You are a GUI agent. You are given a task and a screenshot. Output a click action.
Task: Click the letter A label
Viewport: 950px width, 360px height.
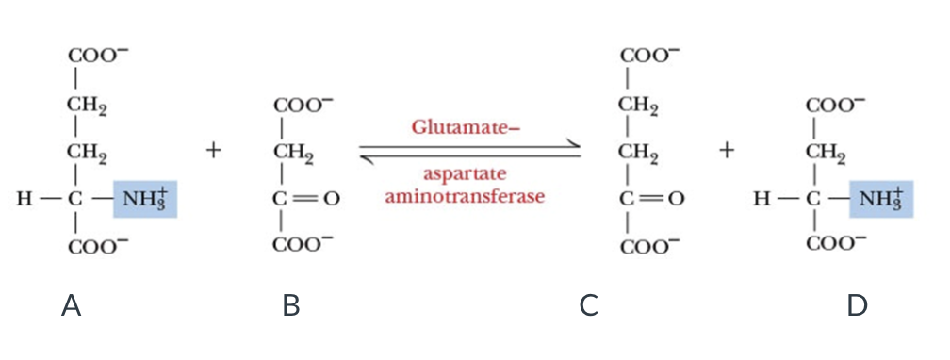click(x=72, y=305)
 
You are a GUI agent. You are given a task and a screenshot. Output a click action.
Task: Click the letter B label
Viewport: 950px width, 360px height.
click(x=291, y=305)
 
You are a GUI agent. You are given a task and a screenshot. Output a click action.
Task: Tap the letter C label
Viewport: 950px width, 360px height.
click(x=589, y=305)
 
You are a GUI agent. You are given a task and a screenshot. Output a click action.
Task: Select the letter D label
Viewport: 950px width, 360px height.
click(x=857, y=305)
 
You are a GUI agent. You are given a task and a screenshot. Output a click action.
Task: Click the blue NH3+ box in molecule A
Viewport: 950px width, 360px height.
click(x=144, y=199)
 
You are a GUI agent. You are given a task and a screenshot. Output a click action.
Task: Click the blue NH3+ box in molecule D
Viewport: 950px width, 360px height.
click(x=881, y=199)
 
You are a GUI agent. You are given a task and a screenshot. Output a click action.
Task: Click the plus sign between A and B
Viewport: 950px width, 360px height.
click(x=215, y=151)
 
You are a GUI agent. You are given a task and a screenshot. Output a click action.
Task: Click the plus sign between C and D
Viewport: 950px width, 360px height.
click(x=727, y=151)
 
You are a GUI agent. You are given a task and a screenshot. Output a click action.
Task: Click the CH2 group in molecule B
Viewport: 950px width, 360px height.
click(x=293, y=151)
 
